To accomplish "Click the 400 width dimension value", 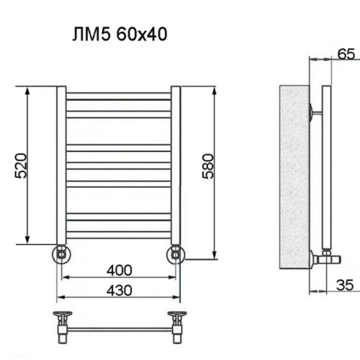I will tap(119, 270).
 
